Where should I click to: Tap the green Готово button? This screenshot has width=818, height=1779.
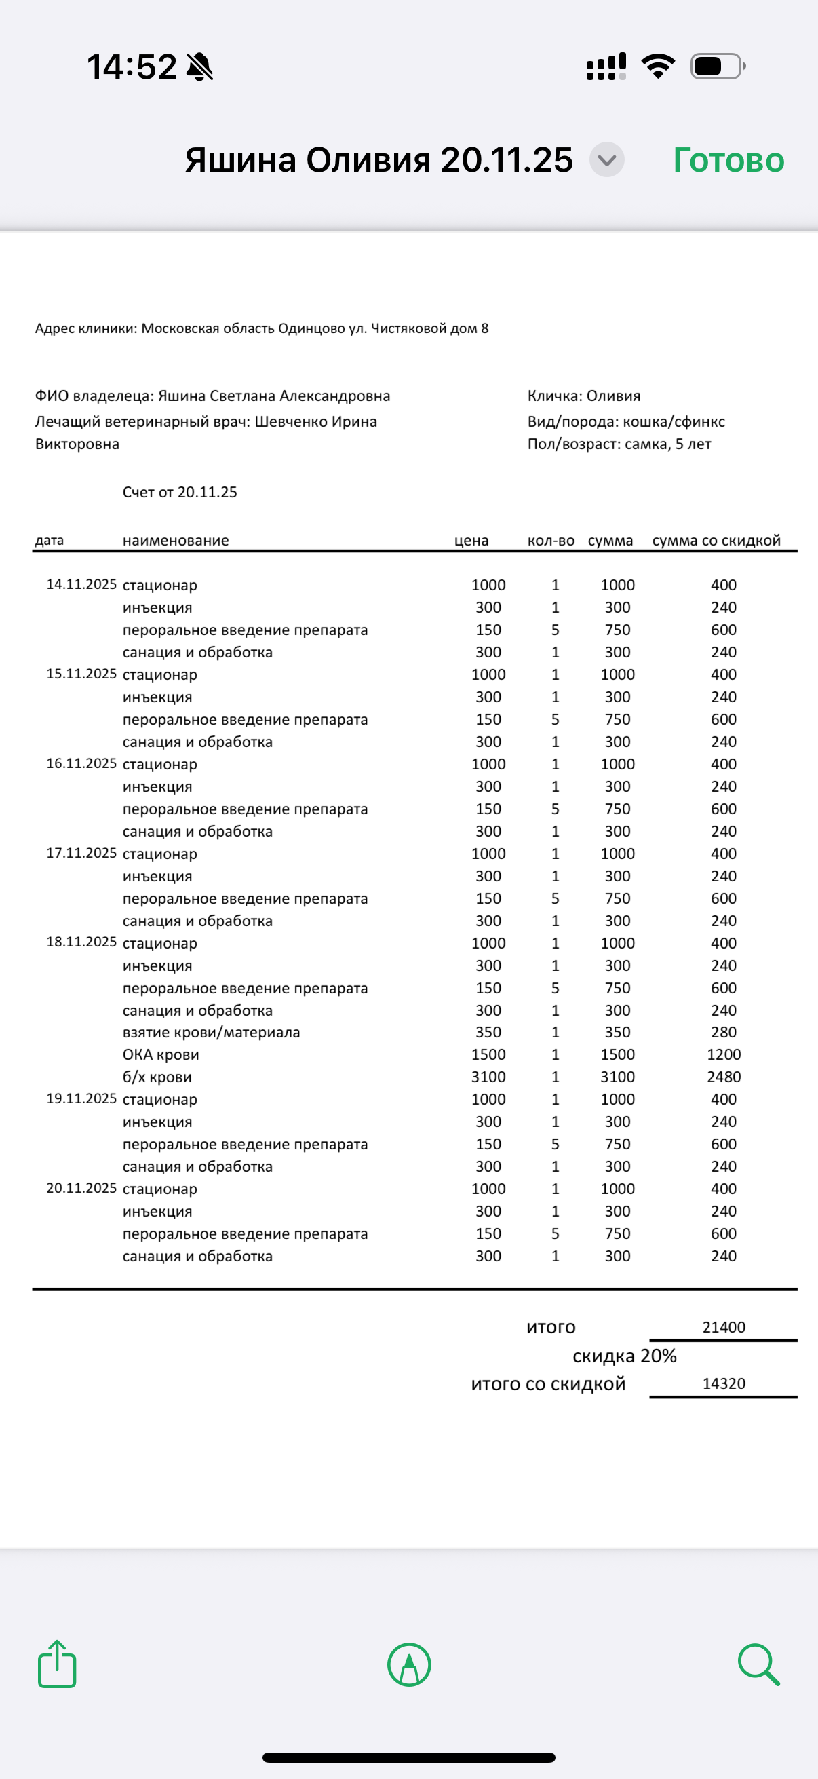point(728,160)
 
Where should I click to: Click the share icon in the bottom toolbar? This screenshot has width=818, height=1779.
point(56,1664)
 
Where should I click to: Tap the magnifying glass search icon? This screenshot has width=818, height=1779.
point(758,1664)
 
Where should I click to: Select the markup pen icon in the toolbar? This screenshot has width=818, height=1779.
point(410,1664)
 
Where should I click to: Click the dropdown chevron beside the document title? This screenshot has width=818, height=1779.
point(607,160)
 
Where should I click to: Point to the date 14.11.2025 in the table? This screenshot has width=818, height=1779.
point(81,584)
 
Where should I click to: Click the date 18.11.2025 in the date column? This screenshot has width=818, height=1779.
point(81,942)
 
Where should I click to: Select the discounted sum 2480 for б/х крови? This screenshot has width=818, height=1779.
point(724,1077)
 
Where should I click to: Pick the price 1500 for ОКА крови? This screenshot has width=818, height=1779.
point(488,1054)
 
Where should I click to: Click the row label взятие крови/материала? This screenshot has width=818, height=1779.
point(211,1032)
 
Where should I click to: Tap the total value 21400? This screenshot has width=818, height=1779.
point(724,1326)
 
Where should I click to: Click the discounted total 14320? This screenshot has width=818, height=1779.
point(724,1383)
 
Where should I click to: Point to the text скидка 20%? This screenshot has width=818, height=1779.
point(624,1356)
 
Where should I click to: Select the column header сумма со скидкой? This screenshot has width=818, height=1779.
point(716,540)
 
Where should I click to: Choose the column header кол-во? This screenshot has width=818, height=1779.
point(551,540)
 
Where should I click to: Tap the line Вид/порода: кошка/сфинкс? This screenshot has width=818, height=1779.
point(625,421)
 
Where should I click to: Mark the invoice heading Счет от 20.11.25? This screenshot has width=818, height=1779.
point(180,492)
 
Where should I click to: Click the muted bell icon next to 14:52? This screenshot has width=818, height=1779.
point(199,67)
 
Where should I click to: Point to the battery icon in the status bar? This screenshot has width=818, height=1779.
point(717,66)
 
